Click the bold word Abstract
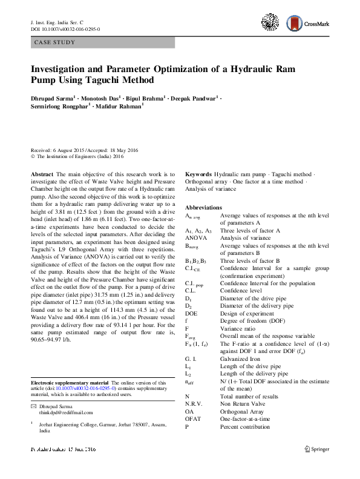41,174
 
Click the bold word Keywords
198,174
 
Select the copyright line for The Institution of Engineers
77,156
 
